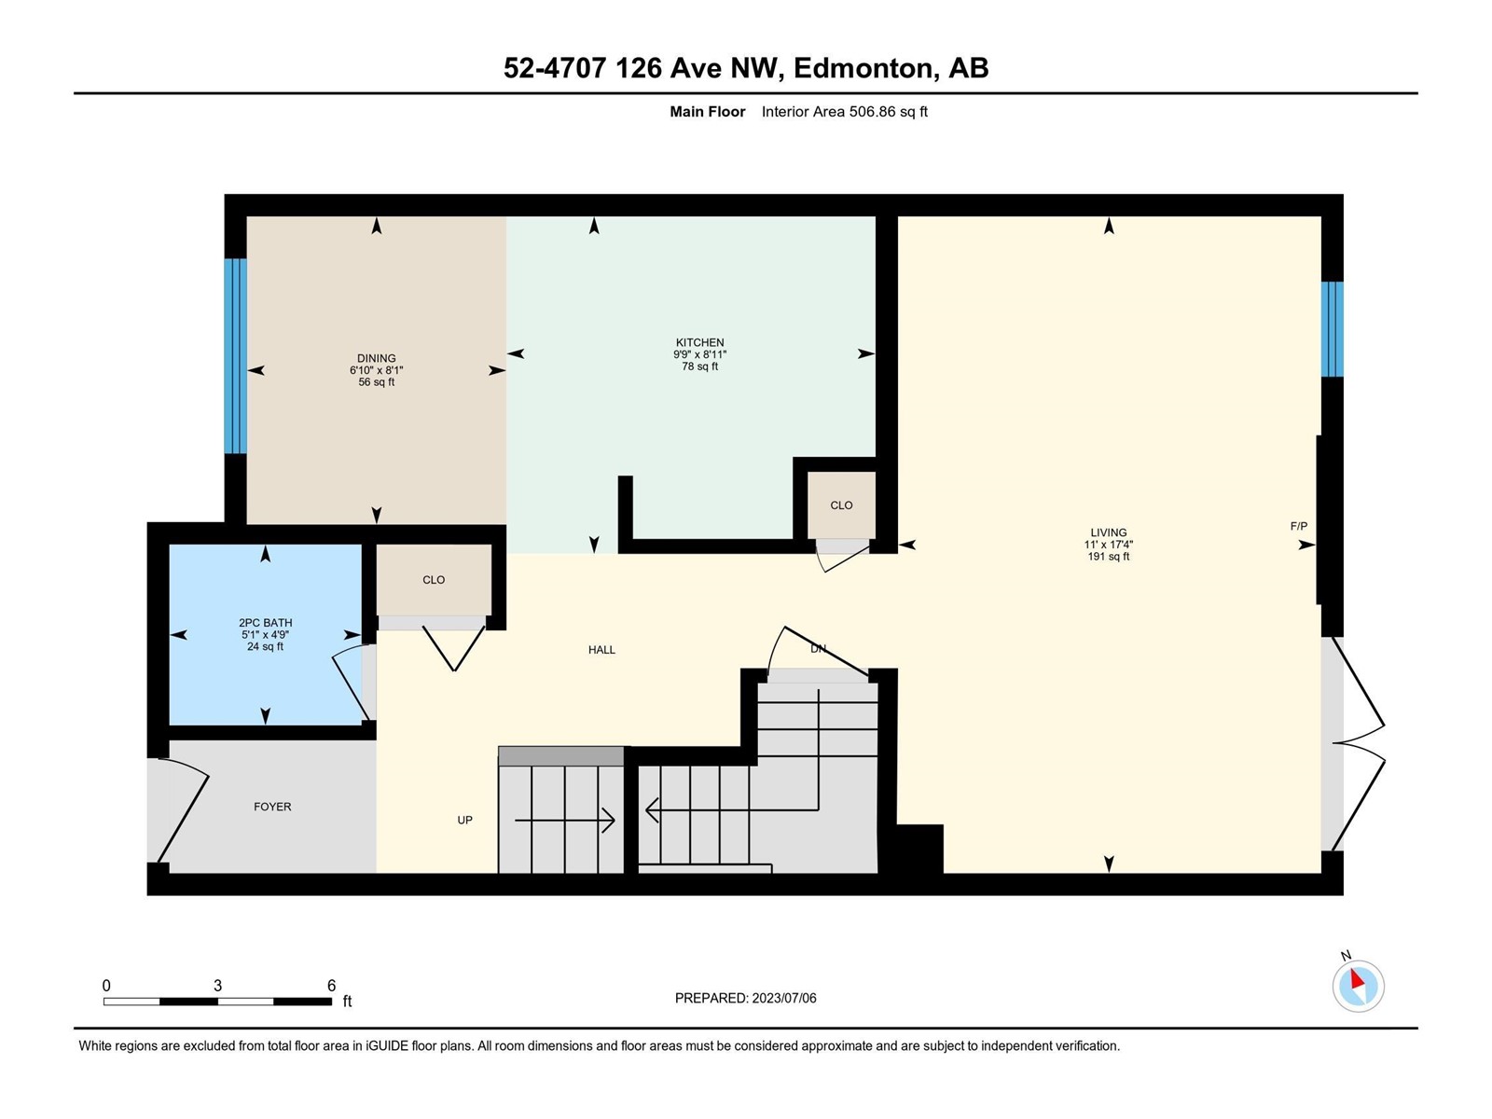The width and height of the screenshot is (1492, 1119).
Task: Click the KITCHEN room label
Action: (x=699, y=342)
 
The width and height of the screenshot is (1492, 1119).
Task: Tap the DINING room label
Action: (x=376, y=358)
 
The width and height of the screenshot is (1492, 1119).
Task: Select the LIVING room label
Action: (x=1109, y=532)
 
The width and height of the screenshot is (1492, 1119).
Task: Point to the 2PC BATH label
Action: (x=265, y=622)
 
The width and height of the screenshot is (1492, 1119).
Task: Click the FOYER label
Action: (x=272, y=807)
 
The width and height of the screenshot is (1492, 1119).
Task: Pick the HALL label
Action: (x=601, y=650)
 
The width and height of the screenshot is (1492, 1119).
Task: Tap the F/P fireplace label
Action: (x=1298, y=526)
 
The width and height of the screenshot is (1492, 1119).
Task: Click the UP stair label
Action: (x=465, y=820)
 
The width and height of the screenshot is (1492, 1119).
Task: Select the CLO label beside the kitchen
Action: (x=841, y=505)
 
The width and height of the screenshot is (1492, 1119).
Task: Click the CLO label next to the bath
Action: (x=434, y=579)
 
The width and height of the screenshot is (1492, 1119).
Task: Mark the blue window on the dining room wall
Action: (x=235, y=356)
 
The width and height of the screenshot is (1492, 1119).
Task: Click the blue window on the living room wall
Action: (x=1333, y=329)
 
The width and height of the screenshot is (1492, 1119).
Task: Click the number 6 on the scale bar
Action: (x=332, y=985)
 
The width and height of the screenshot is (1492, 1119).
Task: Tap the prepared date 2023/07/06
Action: (x=783, y=998)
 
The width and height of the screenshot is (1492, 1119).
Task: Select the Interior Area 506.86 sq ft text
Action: (x=844, y=111)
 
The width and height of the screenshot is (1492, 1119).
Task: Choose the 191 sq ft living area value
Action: (x=1109, y=557)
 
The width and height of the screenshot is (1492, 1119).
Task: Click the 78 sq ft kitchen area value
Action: (x=699, y=366)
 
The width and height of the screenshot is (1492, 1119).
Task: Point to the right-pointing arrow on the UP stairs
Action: (x=565, y=820)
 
